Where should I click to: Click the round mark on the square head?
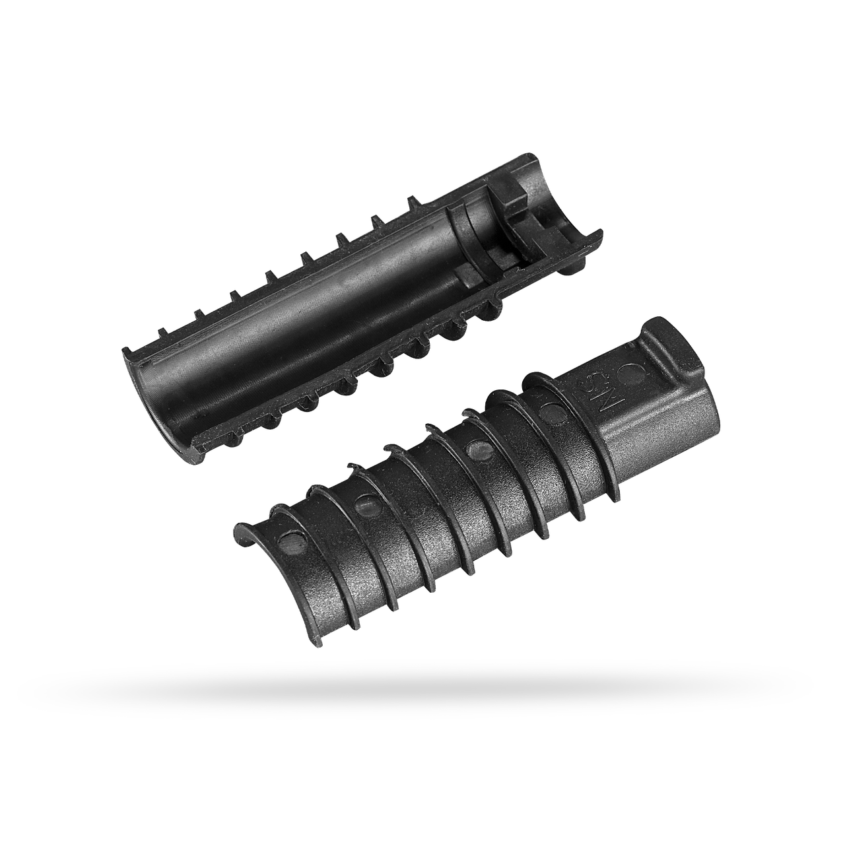(634, 374)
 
